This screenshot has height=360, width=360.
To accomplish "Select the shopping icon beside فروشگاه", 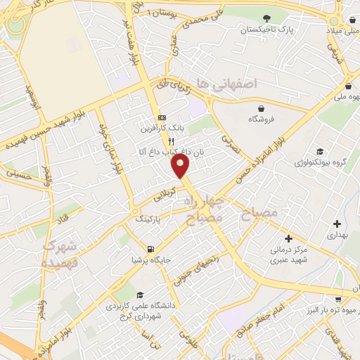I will click(262, 108).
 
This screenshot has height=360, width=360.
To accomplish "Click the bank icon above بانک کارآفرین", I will click(162, 117).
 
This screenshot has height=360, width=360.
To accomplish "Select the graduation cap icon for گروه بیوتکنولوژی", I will click(321, 152).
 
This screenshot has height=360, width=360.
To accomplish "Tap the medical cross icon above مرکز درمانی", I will click(288, 238).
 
